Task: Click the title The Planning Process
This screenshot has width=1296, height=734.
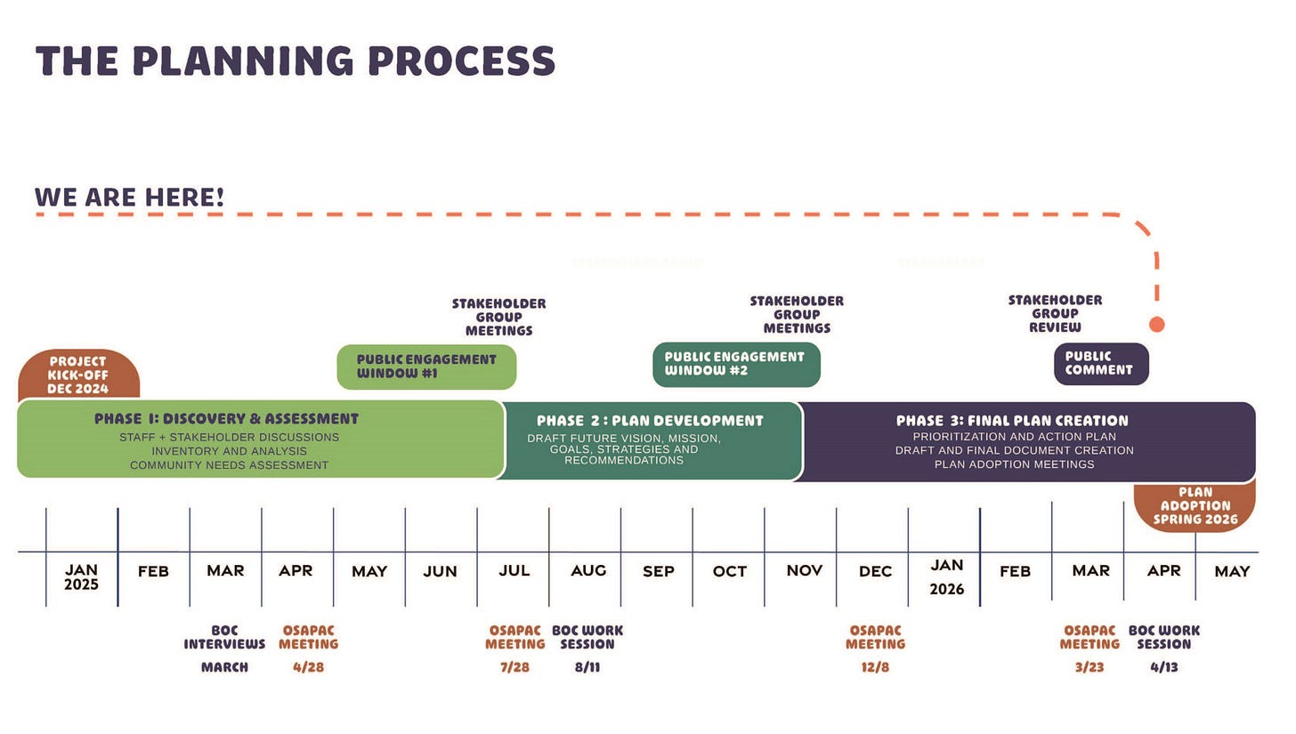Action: [x=295, y=60]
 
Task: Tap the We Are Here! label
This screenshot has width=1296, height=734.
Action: [x=129, y=197]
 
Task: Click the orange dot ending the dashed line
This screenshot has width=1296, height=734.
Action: [x=1156, y=325]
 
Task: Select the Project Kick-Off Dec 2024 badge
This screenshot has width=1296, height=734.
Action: [x=78, y=375]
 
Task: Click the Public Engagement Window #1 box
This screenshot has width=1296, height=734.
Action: [x=426, y=367]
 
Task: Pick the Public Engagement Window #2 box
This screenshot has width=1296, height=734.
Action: [x=735, y=364]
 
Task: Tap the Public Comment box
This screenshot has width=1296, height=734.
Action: [x=1100, y=363]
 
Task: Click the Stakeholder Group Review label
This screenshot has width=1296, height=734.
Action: [x=1055, y=313]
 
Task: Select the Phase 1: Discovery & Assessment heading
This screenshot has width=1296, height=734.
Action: [x=226, y=418]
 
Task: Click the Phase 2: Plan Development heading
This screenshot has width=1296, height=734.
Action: [x=650, y=420]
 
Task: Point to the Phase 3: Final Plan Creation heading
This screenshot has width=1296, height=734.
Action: [x=1012, y=420]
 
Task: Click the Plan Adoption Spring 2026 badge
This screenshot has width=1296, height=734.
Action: [x=1195, y=505]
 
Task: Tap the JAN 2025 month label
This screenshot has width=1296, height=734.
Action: [x=81, y=577]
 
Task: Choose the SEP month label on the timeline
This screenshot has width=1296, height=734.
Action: [x=658, y=571]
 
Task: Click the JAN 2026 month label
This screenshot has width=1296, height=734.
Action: [x=946, y=577]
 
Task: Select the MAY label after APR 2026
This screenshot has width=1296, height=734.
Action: [x=1232, y=571]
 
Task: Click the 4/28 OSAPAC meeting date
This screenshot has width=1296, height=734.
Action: [x=308, y=667]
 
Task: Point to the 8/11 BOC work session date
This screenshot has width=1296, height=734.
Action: [x=587, y=667]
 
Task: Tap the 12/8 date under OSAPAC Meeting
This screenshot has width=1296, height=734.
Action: [x=875, y=667]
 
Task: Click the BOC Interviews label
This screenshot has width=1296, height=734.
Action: [x=224, y=637]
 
